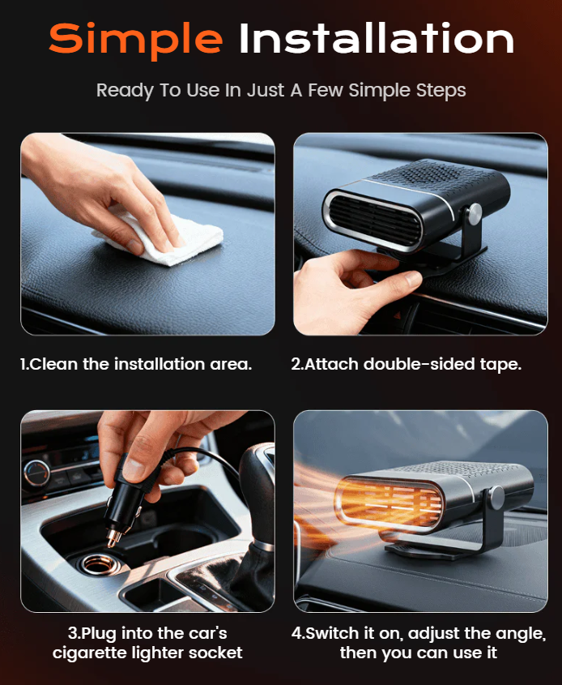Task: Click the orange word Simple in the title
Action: (134, 39)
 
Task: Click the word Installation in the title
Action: (376, 39)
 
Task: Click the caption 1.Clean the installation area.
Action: (136, 364)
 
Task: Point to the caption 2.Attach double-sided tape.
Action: (407, 364)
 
